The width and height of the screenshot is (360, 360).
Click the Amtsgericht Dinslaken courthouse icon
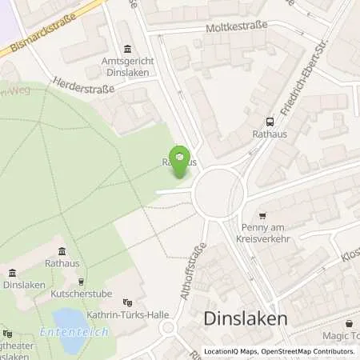[130, 49]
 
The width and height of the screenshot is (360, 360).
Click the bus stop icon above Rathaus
[269, 122]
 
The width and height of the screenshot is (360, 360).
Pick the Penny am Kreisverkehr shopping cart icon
[263, 215]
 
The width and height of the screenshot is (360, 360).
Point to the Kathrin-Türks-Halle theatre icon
[126, 302]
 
